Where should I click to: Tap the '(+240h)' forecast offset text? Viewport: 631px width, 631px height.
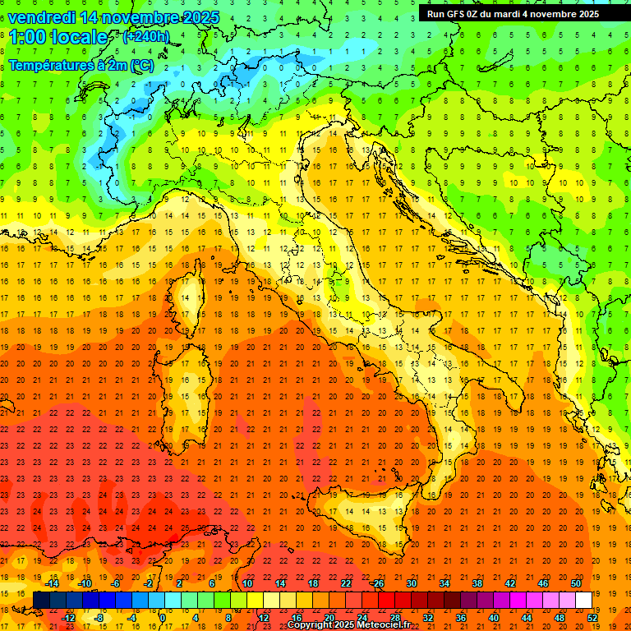(146, 36)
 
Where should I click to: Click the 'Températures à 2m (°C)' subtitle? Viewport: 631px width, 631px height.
(81, 65)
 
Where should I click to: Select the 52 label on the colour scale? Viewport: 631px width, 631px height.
(592, 617)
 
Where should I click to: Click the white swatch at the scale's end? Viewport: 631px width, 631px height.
(583, 601)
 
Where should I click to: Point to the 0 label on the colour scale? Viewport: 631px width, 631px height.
(163, 617)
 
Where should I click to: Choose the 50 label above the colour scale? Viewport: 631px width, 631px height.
(576, 583)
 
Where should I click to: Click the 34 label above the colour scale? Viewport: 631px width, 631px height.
(444, 583)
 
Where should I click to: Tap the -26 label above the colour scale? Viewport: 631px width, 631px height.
(377, 583)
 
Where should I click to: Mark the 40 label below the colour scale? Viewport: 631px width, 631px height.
(493, 617)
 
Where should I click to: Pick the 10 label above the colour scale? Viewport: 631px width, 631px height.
(246, 583)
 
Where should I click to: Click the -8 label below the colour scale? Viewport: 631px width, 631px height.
(99, 617)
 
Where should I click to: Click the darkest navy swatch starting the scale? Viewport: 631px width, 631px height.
(41, 601)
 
